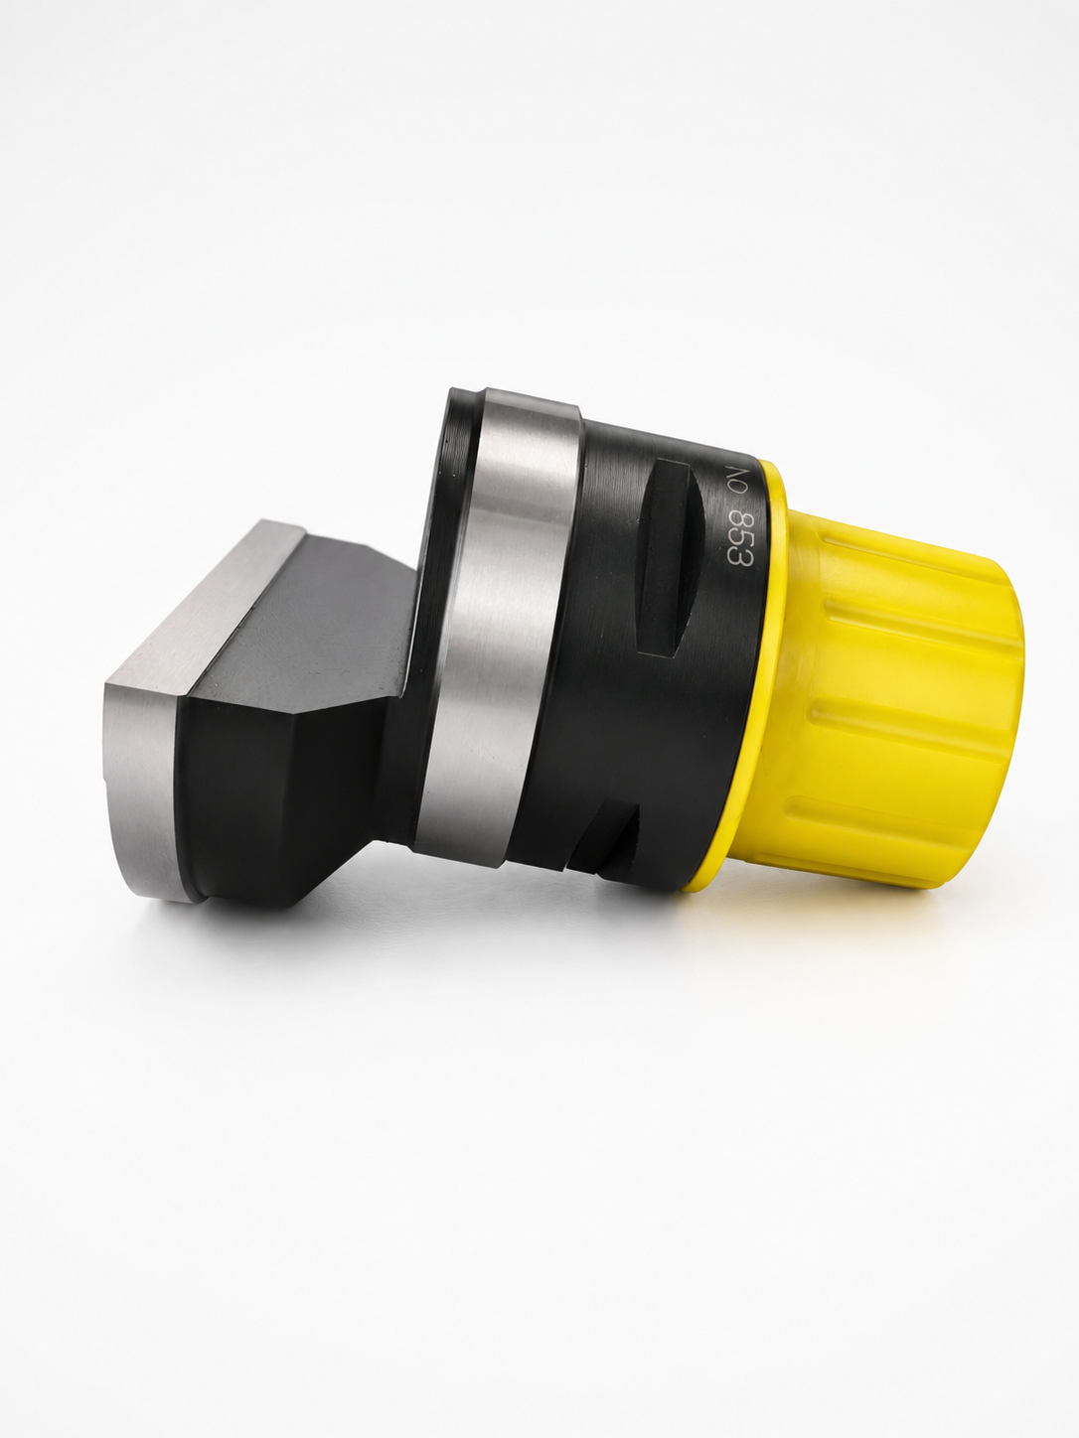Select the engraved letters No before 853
pyautogui.click(x=734, y=481)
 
